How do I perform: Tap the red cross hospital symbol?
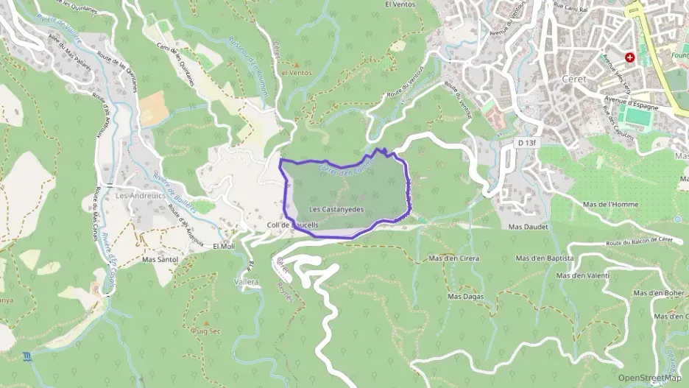click(630, 57)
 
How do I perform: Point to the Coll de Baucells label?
click(293, 225)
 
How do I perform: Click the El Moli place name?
click(223, 246)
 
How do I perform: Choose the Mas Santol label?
click(160, 260)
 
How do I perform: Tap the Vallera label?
click(247, 282)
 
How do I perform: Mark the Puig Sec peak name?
click(205, 331)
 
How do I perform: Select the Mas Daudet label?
click(529, 227)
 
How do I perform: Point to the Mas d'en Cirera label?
click(453, 258)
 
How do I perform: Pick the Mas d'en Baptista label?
click(545, 258)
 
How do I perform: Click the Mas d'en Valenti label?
click(583, 275)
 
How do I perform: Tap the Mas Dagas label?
click(465, 296)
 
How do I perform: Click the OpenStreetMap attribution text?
click(649, 378)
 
